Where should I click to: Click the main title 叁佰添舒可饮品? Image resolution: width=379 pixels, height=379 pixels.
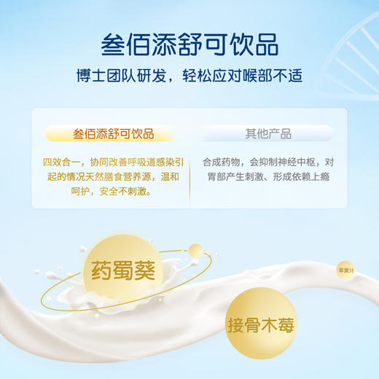click(189, 43)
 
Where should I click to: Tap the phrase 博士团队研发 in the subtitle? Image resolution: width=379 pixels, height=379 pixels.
click(119, 76)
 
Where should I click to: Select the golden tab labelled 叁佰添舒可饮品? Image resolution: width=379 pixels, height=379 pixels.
click(113, 134)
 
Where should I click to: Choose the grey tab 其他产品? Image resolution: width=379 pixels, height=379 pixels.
click(267, 134)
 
